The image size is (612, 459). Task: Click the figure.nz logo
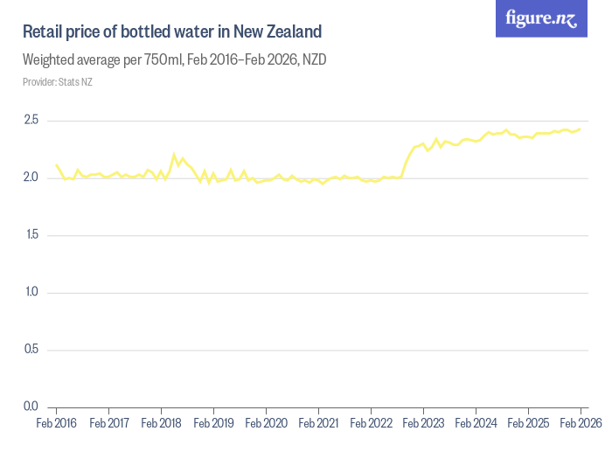(x=541, y=18)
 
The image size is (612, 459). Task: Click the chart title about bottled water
(x=172, y=32)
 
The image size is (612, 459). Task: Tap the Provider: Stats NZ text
(x=58, y=82)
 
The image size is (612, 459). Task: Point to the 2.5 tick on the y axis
(x=32, y=120)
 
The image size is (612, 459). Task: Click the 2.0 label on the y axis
(x=32, y=177)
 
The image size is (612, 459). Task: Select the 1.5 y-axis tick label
(x=32, y=235)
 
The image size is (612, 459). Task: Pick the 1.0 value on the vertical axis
(x=32, y=292)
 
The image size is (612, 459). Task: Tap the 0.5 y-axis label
(x=32, y=350)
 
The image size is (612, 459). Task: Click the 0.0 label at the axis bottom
(x=32, y=407)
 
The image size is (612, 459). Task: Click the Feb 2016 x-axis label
(x=56, y=423)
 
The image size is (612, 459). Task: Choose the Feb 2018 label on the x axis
(x=161, y=423)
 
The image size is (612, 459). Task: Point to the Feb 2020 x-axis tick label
(x=266, y=423)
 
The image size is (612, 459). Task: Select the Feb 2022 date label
(x=371, y=423)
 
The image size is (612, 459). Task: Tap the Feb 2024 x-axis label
(x=476, y=423)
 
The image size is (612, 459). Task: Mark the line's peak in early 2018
(x=174, y=155)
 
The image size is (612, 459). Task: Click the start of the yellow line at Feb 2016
(x=56, y=164)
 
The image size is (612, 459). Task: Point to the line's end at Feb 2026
(x=581, y=129)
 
